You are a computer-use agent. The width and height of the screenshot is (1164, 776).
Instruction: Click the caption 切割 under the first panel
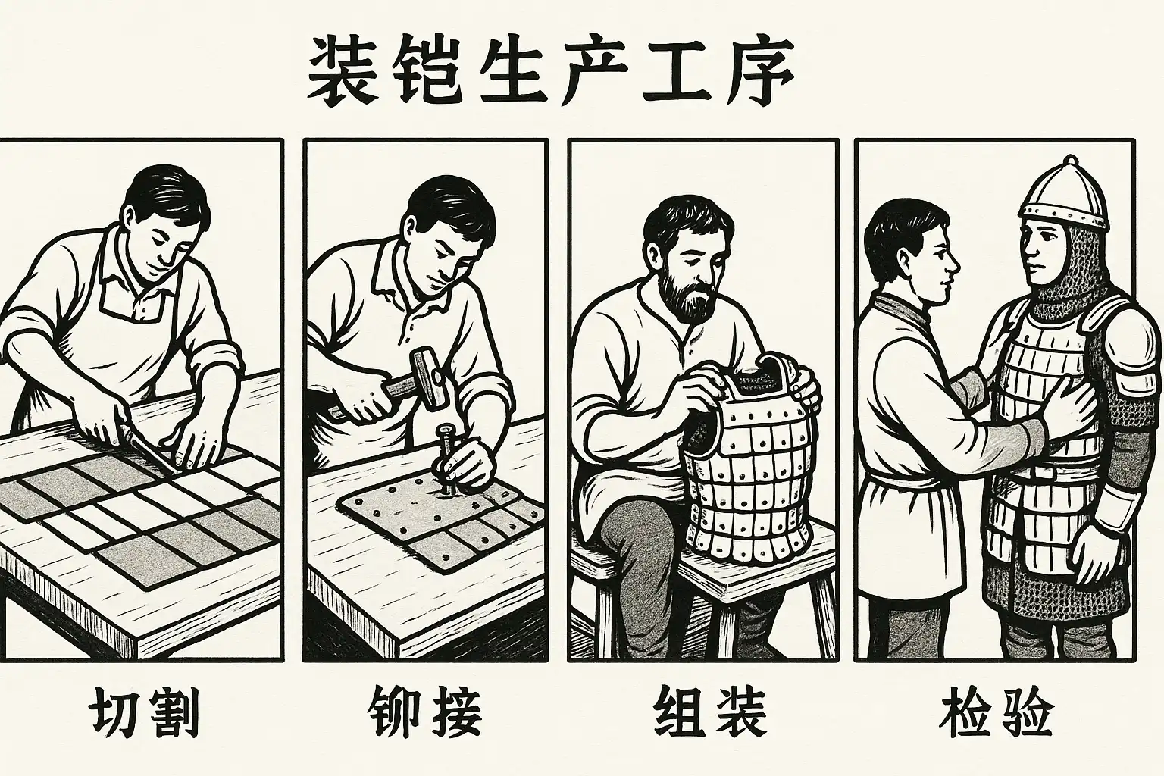(x=145, y=713)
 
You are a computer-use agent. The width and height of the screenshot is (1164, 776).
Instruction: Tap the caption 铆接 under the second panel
(x=424, y=713)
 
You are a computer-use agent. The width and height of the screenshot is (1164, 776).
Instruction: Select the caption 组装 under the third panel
(x=710, y=713)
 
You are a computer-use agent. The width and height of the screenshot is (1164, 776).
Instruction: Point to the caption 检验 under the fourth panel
(x=997, y=713)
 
